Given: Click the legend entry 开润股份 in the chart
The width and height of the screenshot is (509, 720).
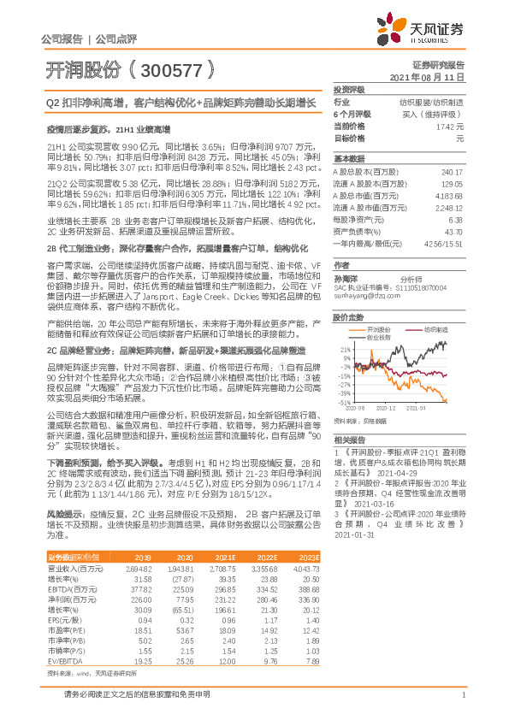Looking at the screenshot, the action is pos(378,328).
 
